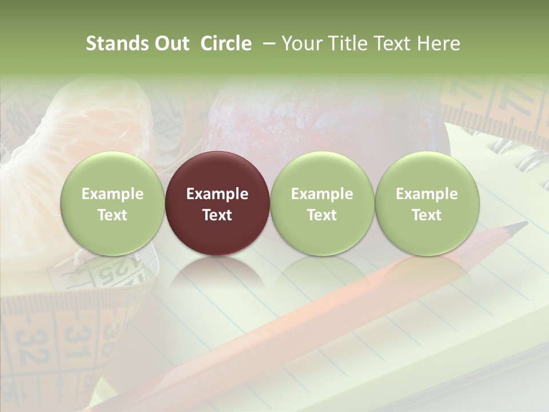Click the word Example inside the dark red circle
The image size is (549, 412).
pyautogui.click(x=217, y=194)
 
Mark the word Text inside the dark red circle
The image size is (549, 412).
pyautogui.click(x=217, y=215)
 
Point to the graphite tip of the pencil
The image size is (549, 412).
pyautogui.click(x=520, y=225)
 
